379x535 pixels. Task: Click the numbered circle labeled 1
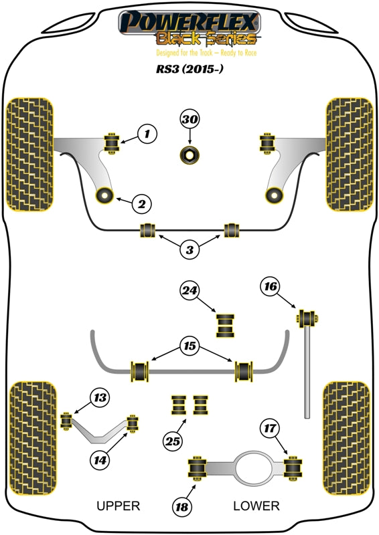[147, 135]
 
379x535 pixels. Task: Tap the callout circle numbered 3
[189, 250]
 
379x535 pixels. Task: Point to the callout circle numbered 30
[189, 120]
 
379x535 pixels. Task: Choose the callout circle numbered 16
[270, 288]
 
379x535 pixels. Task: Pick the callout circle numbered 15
[189, 347]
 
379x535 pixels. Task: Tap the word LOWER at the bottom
[256, 506]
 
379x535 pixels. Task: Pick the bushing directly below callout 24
[226, 324]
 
